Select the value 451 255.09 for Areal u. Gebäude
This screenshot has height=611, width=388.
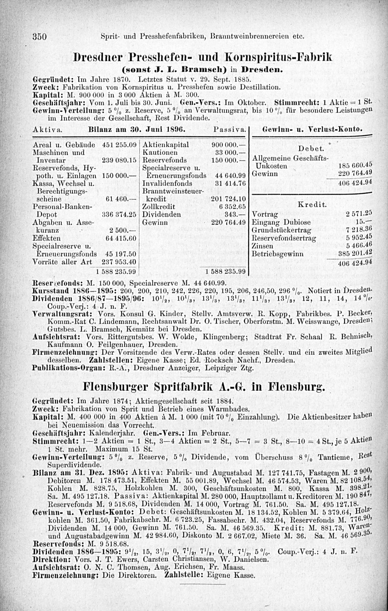coord(118,144)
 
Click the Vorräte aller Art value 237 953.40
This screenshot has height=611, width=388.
coord(118,262)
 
